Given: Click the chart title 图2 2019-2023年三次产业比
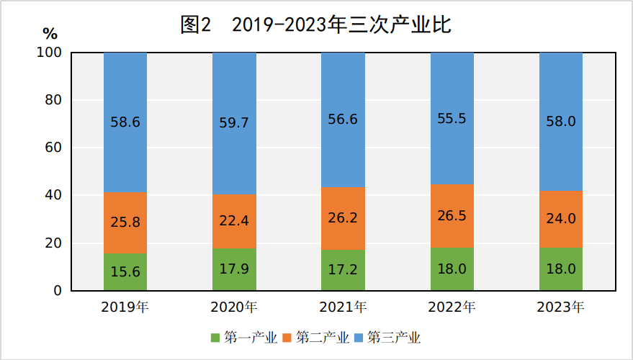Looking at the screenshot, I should (x=315, y=25).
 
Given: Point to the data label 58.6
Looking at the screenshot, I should (x=125, y=122).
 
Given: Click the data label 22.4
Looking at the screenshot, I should (x=234, y=221).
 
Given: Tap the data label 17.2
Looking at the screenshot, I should (x=343, y=270).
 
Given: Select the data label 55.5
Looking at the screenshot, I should (x=452, y=119).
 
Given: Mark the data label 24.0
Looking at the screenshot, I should (x=561, y=219).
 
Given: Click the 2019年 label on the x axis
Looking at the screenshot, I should (x=125, y=307).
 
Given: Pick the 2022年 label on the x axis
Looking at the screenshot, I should (x=452, y=307).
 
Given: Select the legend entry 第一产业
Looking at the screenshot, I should (x=244, y=338).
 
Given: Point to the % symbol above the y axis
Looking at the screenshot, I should (x=49, y=34).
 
